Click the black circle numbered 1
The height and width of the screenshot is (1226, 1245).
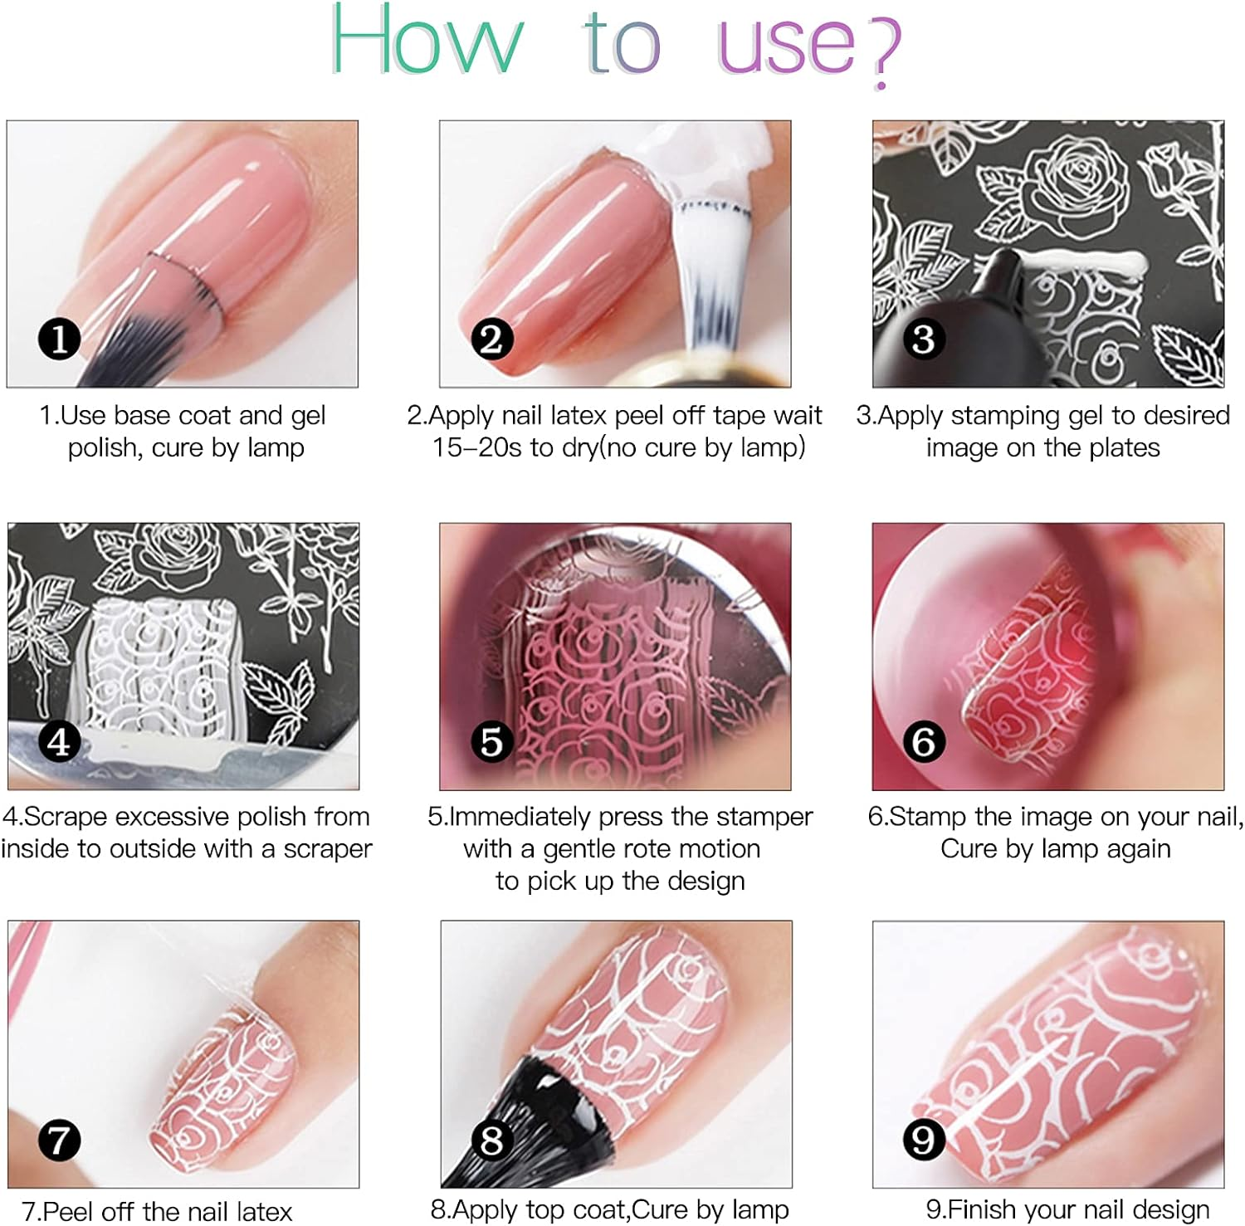click(x=59, y=339)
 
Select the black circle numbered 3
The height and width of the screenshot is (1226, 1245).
click(x=924, y=339)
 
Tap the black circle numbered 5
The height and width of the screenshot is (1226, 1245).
click(x=491, y=741)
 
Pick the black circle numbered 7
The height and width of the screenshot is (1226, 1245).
click(x=59, y=1140)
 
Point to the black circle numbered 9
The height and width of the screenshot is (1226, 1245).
click(x=924, y=1140)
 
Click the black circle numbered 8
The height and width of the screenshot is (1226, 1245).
click(x=491, y=1140)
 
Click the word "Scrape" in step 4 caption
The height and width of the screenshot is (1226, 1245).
click(x=66, y=817)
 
